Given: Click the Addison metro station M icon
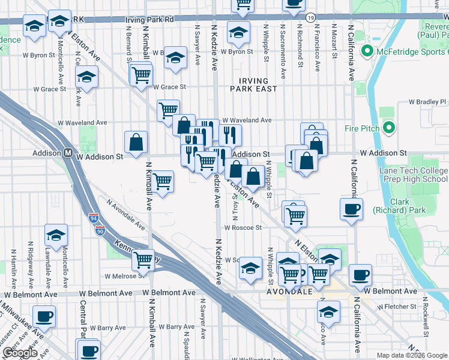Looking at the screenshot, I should tap(68, 153).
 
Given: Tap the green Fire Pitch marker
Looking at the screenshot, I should tap(388, 128).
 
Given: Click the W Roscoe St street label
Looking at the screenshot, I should tap(243, 227).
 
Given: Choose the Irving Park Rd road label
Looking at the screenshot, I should tap(149, 20).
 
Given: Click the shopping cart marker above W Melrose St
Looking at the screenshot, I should tap(143, 260).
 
